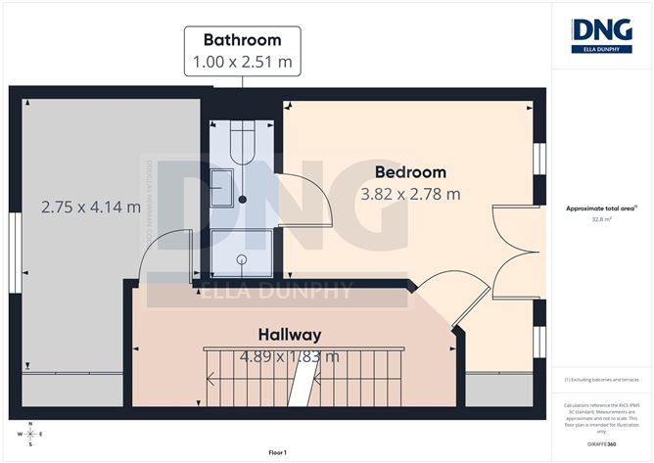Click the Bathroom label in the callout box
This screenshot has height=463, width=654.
tap(242, 40)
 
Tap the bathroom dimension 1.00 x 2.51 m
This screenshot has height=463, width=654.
tap(242, 63)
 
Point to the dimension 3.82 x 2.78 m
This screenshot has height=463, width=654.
tap(410, 194)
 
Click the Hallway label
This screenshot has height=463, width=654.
tap(289, 334)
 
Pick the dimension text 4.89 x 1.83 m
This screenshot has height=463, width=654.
tap(291, 356)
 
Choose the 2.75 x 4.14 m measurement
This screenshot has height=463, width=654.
tap(91, 207)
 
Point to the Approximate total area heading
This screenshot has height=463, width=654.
tap(601, 208)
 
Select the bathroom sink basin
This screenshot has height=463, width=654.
tap(223, 186)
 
